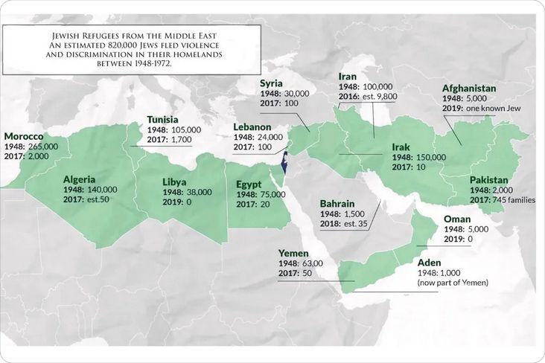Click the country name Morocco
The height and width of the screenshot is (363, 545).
click(x=25, y=137)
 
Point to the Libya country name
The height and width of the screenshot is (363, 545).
click(x=179, y=180)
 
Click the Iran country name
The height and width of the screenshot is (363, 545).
click(x=348, y=77)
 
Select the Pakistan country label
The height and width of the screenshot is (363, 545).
click(x=489, y=180)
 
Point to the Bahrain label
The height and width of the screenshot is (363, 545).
click(x=337, y=203)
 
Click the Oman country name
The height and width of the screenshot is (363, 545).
click(x=457, y=219)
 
